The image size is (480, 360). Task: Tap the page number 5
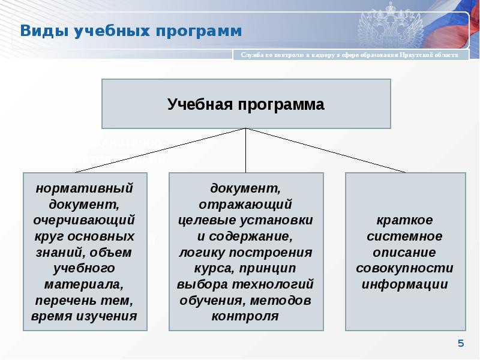tap(461, 343)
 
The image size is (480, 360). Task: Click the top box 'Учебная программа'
tap(245, 104)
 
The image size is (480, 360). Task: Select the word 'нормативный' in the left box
tap(85, 187)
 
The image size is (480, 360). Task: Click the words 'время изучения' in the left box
tap(85, 315)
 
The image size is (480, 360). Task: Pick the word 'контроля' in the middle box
tap(245, 315)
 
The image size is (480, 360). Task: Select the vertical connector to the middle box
tap(246, 150)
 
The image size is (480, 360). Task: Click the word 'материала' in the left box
tap(85, 283)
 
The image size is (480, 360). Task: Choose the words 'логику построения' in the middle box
tap(245, 251)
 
